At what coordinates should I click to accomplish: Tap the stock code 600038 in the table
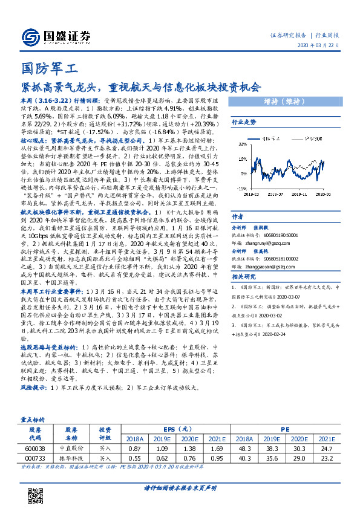tap(36, 449)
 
